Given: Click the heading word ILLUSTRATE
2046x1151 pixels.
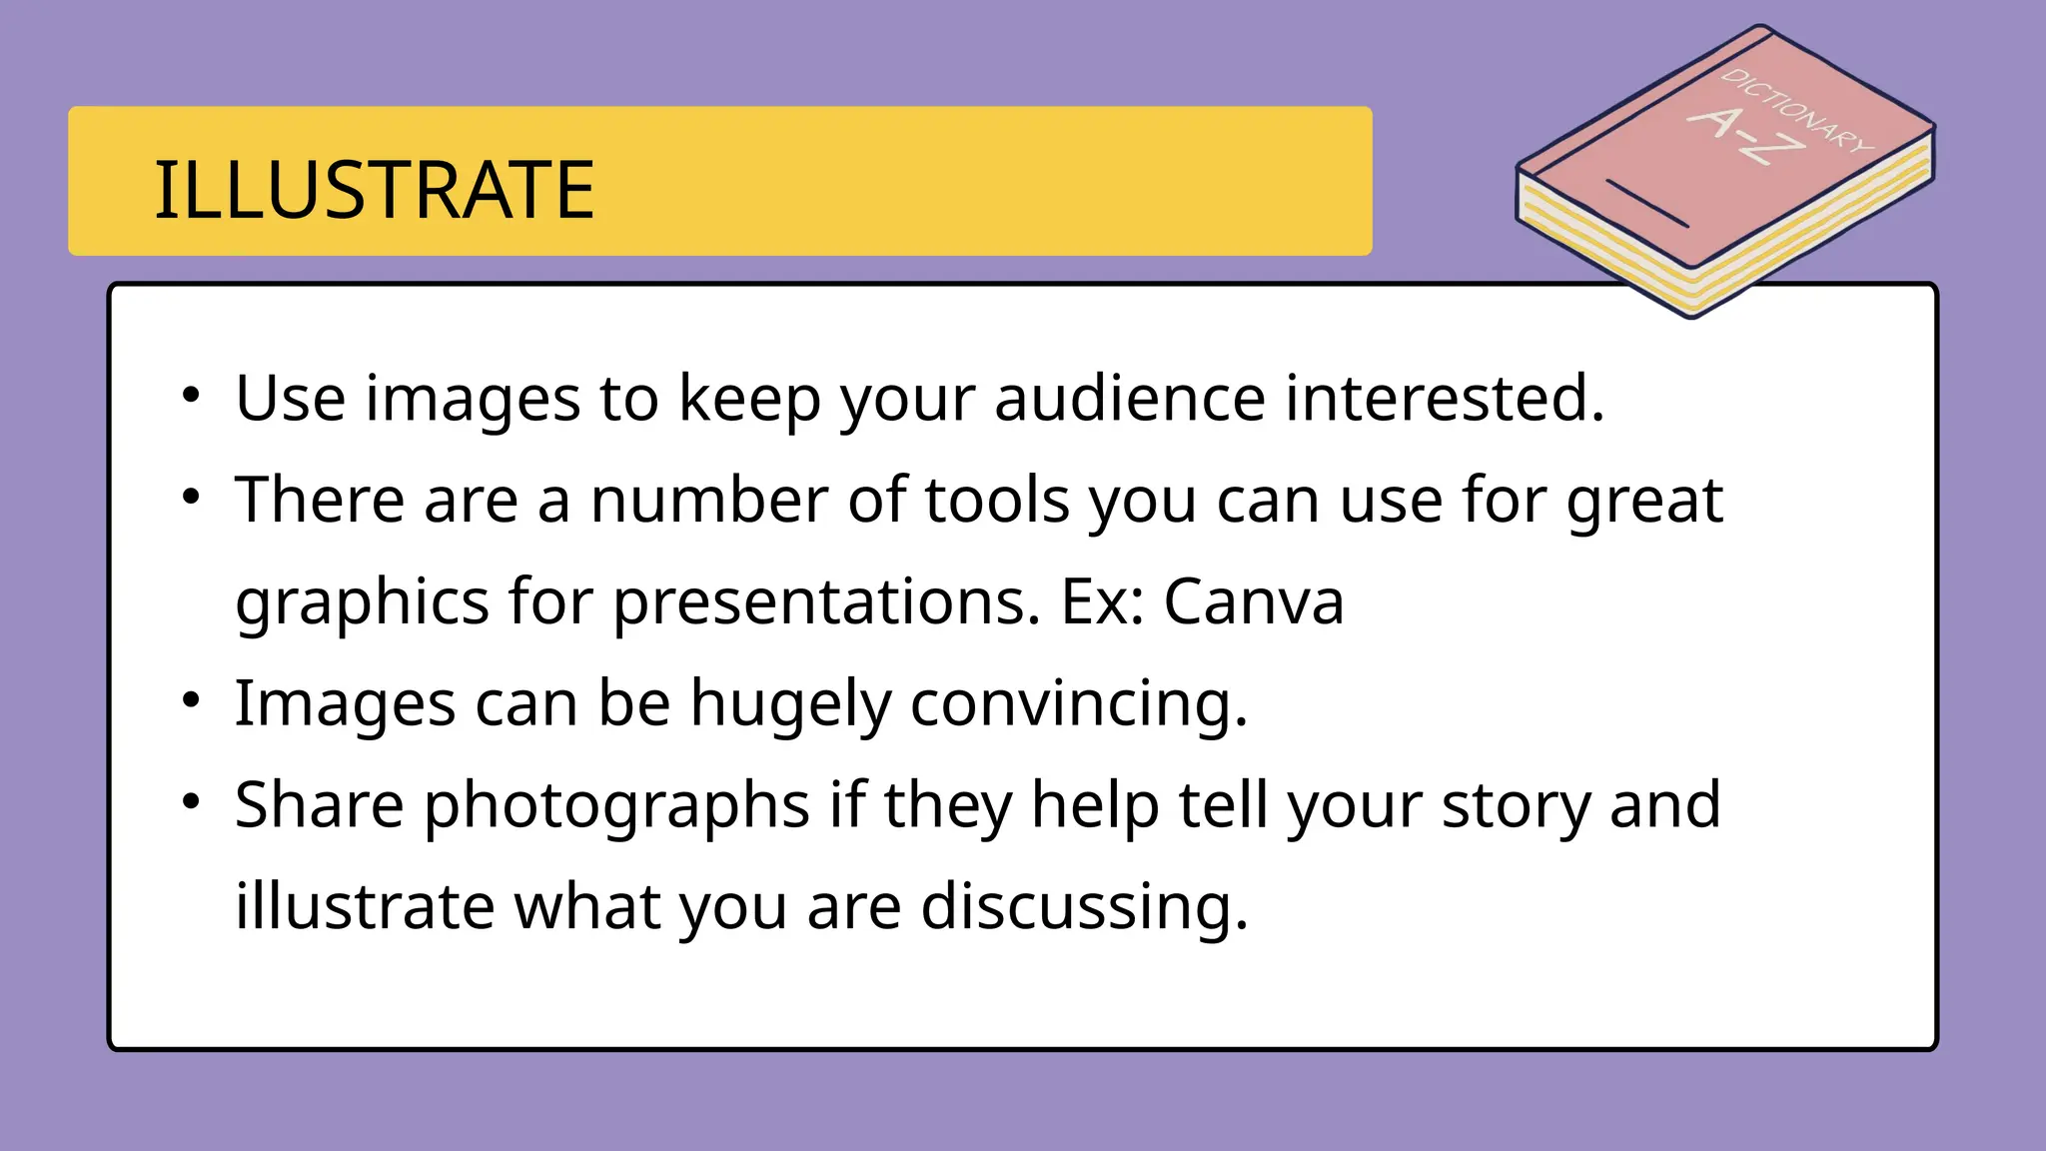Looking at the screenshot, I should coord(374,190).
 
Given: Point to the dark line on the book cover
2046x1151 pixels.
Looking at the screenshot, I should coord(1646,204).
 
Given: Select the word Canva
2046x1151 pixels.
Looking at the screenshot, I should coord(1254,601).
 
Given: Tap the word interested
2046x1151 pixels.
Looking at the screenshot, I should coord(1444,398).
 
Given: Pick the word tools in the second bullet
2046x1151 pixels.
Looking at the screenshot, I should coord(997,500).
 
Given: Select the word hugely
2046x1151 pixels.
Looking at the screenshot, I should coord(790,703).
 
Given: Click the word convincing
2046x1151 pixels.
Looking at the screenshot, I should coord(1078,703).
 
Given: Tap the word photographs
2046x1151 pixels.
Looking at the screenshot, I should coord(616,805).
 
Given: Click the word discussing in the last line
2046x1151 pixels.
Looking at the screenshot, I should coord(1084,907).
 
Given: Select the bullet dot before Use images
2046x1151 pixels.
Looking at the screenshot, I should coord(192,395).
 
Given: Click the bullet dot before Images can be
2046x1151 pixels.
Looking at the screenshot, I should coord(192,700).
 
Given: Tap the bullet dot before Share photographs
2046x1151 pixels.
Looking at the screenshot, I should coord(192,802).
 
